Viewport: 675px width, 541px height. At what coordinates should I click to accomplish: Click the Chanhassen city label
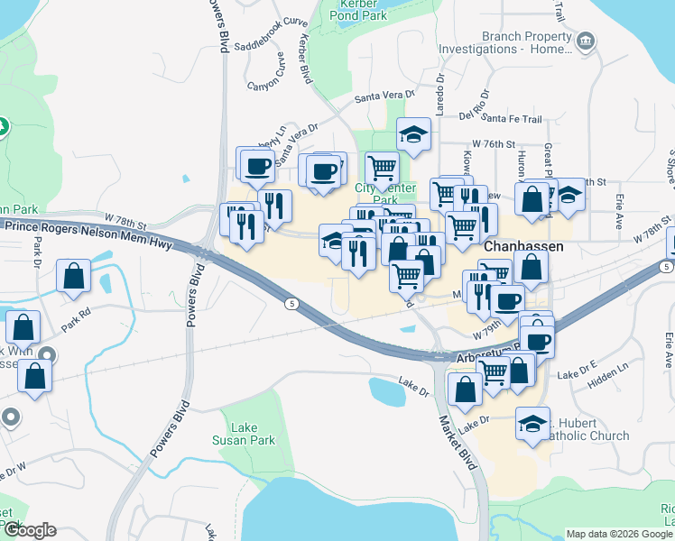(x=523, y=246)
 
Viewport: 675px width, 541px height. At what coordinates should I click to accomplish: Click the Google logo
(x=30, y=530)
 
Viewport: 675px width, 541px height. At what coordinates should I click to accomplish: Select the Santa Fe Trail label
(x=512, y=118)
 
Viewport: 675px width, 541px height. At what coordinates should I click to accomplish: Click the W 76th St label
(x=493, y=144)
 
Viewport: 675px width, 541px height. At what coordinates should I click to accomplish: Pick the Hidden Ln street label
(x=608, y=382)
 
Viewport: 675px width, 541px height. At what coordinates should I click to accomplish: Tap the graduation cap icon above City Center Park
(x=413, y=135)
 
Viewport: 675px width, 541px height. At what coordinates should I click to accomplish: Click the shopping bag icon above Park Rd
(x=73, y=278)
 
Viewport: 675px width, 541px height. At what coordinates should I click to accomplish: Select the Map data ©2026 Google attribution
(x=618, y=534)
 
